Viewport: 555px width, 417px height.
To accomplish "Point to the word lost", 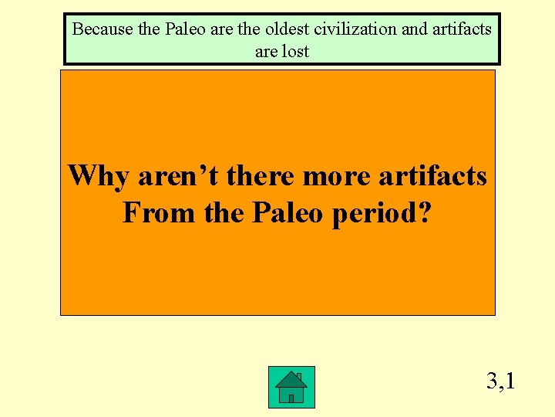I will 295,52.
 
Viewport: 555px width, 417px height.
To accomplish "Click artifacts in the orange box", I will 433,176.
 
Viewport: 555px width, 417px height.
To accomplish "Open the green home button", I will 291,387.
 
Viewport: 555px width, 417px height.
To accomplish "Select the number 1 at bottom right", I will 510,381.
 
